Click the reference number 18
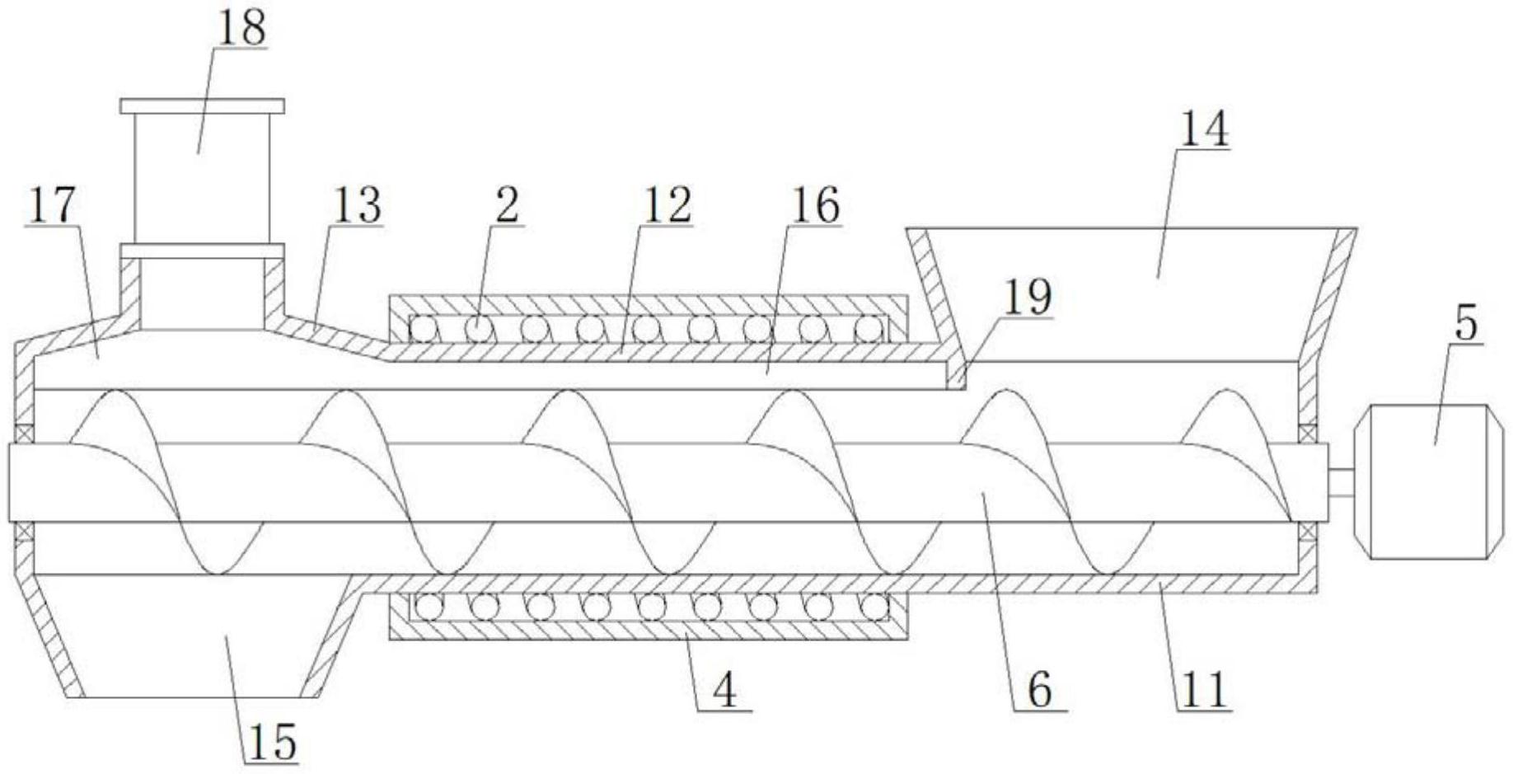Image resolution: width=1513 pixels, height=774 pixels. tap(241, 28)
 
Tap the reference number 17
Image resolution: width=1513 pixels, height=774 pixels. tap(52, 204)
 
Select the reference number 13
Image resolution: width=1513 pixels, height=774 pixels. tap(356, 205)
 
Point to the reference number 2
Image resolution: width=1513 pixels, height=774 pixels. tap(506, 205)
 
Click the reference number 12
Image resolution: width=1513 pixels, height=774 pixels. tap(667, 205)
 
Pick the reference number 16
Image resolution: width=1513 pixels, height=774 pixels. tap(814, 205)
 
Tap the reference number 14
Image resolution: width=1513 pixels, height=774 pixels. tap(1204, 129)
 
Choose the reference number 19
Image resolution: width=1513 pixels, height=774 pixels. tap(1027, 297)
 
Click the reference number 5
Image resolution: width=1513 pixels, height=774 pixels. tap(1465, 323)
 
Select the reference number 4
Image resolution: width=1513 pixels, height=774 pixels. tap(724, 690)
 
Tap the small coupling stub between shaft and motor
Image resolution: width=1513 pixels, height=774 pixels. tap(1342, 482)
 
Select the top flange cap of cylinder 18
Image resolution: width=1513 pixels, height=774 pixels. tap(202, 106)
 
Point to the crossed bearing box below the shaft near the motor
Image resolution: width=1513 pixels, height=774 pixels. tap(1307, 532)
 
